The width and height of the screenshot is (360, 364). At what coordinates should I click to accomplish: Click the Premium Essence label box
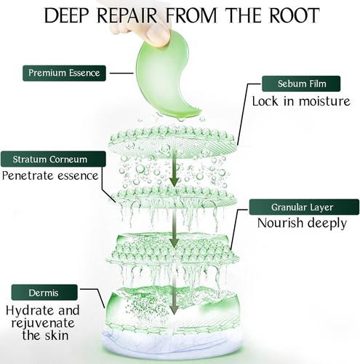tap(64, 73)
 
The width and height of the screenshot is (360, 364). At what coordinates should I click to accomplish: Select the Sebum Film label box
tap(301, 84)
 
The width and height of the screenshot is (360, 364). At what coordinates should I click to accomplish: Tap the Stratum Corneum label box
tap(53, 159)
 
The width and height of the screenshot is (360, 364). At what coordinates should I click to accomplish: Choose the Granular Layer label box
tap(304, 207)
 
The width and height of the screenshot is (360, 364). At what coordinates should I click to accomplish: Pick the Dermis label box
tap(44, 293)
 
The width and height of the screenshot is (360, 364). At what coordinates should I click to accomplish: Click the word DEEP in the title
tap(66, 15)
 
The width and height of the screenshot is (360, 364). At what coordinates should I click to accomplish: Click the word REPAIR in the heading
tap(127, 15)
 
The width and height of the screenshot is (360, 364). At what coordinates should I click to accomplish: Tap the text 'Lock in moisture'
tap(301, 101)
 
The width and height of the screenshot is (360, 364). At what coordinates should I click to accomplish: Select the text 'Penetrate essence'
tap(50, 175)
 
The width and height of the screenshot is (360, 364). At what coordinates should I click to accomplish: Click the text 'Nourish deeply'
tap(302, 223)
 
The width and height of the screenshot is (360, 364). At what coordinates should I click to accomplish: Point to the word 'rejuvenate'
tap(43, 323)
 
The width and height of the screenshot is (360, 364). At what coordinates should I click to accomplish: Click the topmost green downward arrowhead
tap(174, 182)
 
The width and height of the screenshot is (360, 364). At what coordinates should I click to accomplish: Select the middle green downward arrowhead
tap(174, 243)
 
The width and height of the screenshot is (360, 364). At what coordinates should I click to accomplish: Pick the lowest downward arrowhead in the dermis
tap(174, 310)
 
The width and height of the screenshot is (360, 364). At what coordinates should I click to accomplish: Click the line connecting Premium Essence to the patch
tap(121, 73)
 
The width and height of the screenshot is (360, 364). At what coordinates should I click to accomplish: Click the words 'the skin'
tap(45, 336)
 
